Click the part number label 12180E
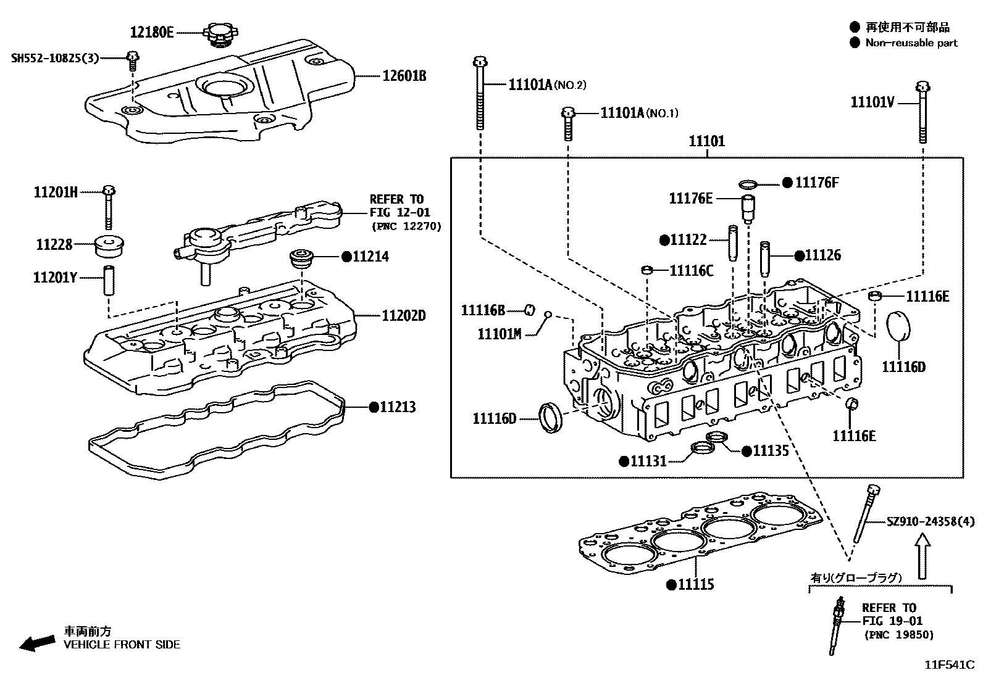[152, 32]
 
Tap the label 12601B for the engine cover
[404, 76]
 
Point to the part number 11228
[54, 244]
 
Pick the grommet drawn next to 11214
[303, 258]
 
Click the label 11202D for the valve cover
[404, 316]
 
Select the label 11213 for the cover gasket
[398, 407]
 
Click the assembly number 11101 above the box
[707, 141]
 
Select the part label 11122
[688, 240]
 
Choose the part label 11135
[771, 451]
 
